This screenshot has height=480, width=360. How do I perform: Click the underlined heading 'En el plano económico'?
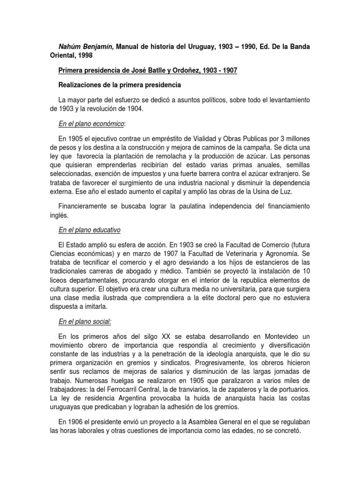tap(91, 123)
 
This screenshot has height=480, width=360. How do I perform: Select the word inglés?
tap(60, 215)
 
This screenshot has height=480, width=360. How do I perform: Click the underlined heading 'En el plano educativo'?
tap(90, 230)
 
